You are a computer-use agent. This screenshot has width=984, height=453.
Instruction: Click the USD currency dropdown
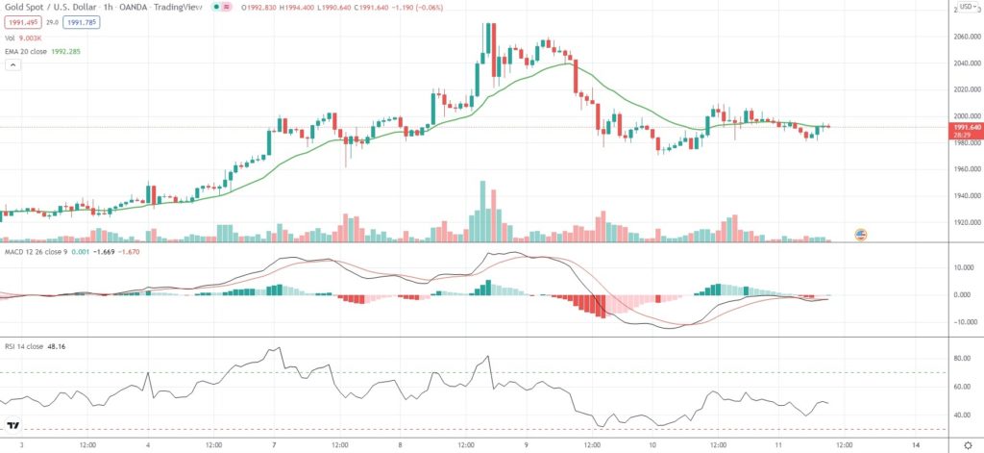[x=964, y=9]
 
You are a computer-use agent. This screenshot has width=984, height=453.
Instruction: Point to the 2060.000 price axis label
[x=965, y=37]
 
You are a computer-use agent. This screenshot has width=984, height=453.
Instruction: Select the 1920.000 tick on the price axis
[x=965, y=223]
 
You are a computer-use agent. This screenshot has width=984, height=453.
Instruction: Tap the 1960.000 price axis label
[x=965, y=170]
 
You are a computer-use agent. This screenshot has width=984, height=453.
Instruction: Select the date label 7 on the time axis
[x=275, y=445]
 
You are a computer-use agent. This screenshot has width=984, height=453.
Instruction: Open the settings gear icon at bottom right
[x=967, y=445]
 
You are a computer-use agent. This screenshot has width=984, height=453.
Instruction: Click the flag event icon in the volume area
[x=861, y=234]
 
